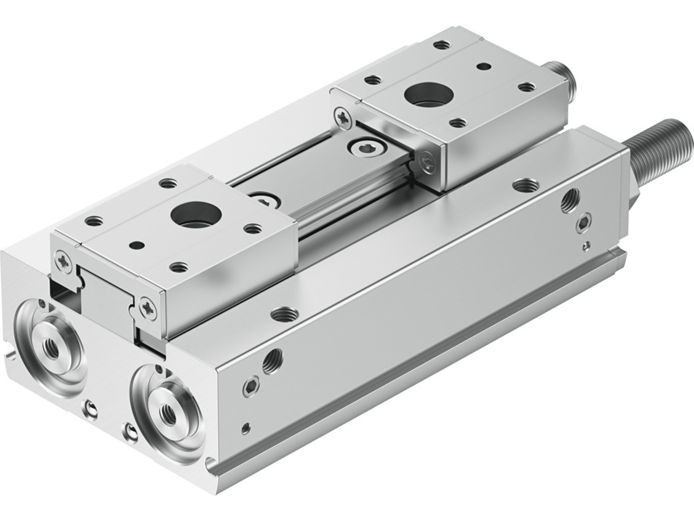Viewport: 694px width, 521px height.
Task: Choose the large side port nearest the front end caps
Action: coord(273,360)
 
